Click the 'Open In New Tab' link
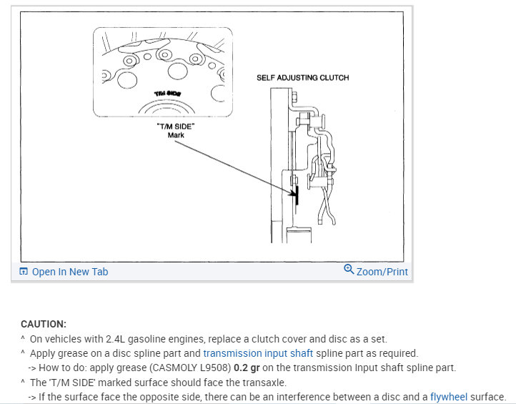pyautogui.click(x=70, y=272)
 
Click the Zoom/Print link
pyautogui.click(x=382, y=272)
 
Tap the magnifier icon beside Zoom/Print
pyautogui.click(x=348, y=270)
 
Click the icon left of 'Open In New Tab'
pyautogui.click(x=24, y=272)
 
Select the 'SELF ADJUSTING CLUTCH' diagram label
pyautogui.click(x=302, y=77)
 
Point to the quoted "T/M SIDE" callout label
pyautogui.click(x=175, y=126)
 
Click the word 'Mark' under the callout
pyautogui.click(x=176, y=134)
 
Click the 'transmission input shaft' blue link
pyautogui.click(x=258, y=353)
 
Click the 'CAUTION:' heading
pyautogui.click(x=44, y=324)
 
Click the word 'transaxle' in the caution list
pyautogui.click(x=266, y=382)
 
